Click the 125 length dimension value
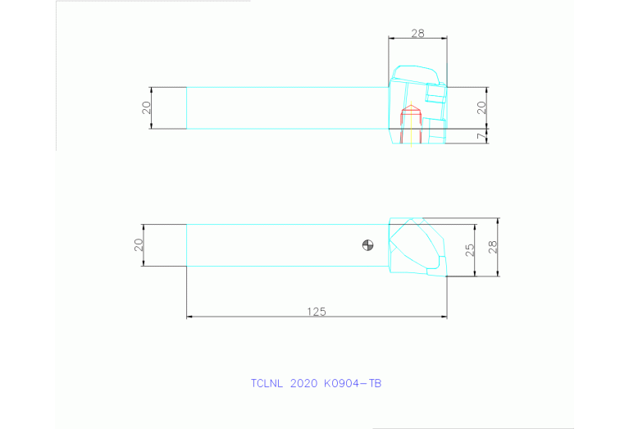point(317,311)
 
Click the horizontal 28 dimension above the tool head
point(417,34)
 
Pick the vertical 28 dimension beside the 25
point(492,246)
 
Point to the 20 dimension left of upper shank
point(147,107)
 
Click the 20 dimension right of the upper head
point(481,106)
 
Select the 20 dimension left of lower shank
point(139,244)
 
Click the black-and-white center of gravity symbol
point(367,244)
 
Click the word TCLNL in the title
point(267,383)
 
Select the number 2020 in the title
point(303,383)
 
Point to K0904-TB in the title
point(353,383)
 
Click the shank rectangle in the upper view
point(287,107)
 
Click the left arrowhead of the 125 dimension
point(189,317)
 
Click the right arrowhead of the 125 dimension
point(444,317)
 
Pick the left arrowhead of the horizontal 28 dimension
point(390,39)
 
